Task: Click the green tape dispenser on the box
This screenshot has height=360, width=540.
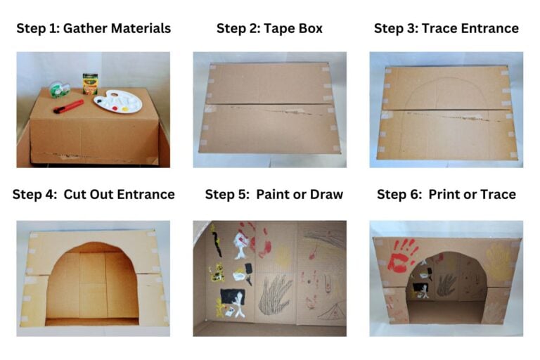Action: click(59, 90)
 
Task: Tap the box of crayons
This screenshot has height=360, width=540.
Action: click(90, 84)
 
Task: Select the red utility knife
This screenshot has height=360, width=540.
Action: click(68, 106)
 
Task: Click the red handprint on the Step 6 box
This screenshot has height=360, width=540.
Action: click(401, 255)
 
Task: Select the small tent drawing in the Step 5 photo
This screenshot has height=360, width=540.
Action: click(331, 309)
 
